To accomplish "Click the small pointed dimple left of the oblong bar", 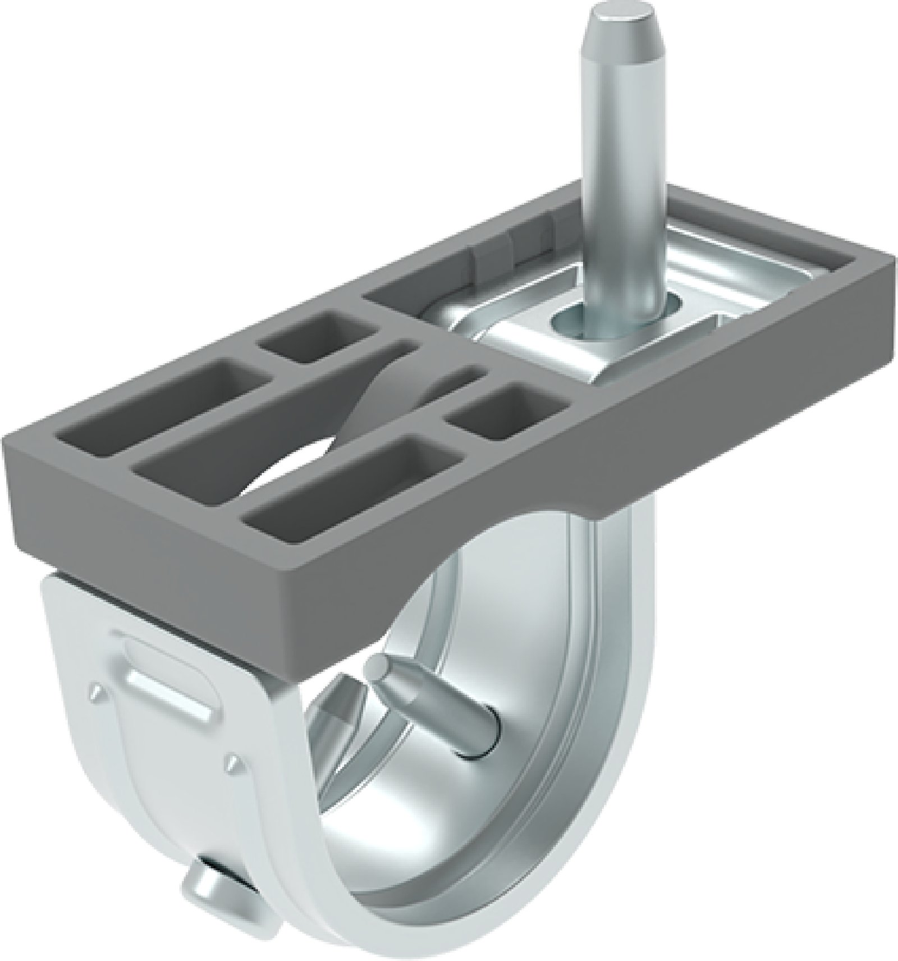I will (97, 692).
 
